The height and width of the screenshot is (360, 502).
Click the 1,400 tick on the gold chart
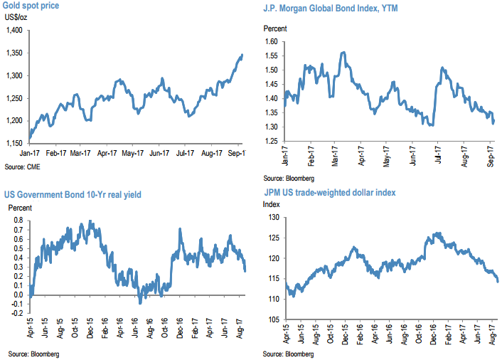pos(14,30)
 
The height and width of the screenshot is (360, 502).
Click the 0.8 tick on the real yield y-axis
pos(15,221)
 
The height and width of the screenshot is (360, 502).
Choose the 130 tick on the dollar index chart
pos(271,217)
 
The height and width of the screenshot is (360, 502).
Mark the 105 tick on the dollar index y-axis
pos(271,319)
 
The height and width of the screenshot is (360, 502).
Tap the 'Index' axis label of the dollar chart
pos(272,204)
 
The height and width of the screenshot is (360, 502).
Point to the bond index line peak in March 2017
pos(344,52)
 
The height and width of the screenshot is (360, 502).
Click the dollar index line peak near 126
pos(437,233)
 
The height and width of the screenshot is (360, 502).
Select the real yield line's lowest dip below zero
pos(140,303)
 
